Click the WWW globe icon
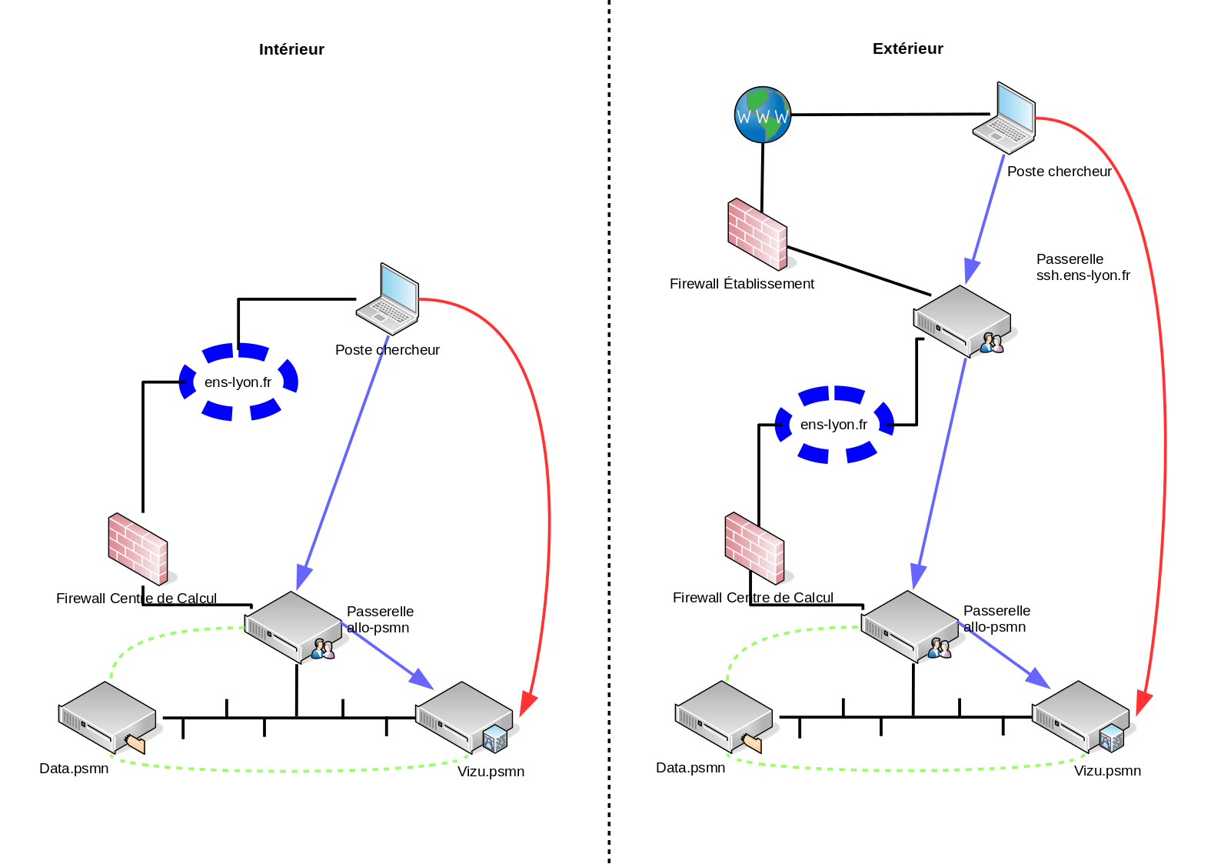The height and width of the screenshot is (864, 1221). [x=763, y=115]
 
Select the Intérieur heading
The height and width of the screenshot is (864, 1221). [x=291, y=49]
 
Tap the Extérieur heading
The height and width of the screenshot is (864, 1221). [x=907, y=48]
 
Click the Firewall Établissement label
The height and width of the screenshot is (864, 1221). [x=742, y=284]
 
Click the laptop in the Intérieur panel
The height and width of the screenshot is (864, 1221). [x=388, y=299]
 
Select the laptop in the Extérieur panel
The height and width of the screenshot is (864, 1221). [x=1004, y=118]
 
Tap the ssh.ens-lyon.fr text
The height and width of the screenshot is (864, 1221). [x=1083, y=275]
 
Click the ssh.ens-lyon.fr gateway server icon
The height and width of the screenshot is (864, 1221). [x=963, y=322]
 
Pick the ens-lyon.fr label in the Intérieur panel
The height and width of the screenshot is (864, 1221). [x=238, y=382]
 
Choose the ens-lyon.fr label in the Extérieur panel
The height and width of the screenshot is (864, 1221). [x=833, y=425]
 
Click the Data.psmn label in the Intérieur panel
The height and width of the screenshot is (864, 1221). [x=74, y=769]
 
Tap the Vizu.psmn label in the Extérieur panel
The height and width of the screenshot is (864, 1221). [x=1107, y=771]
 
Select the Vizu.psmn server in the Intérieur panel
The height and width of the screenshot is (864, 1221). [x=464, y=718]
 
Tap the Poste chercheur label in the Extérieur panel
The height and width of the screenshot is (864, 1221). [x=1059, y=172]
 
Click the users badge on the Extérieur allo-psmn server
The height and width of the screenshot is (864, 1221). [x=939, y=649]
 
